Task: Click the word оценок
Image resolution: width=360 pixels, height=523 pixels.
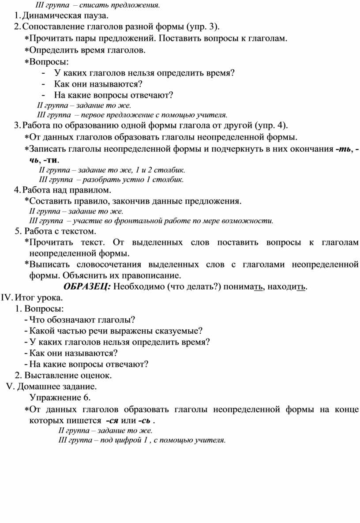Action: (95, 376)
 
